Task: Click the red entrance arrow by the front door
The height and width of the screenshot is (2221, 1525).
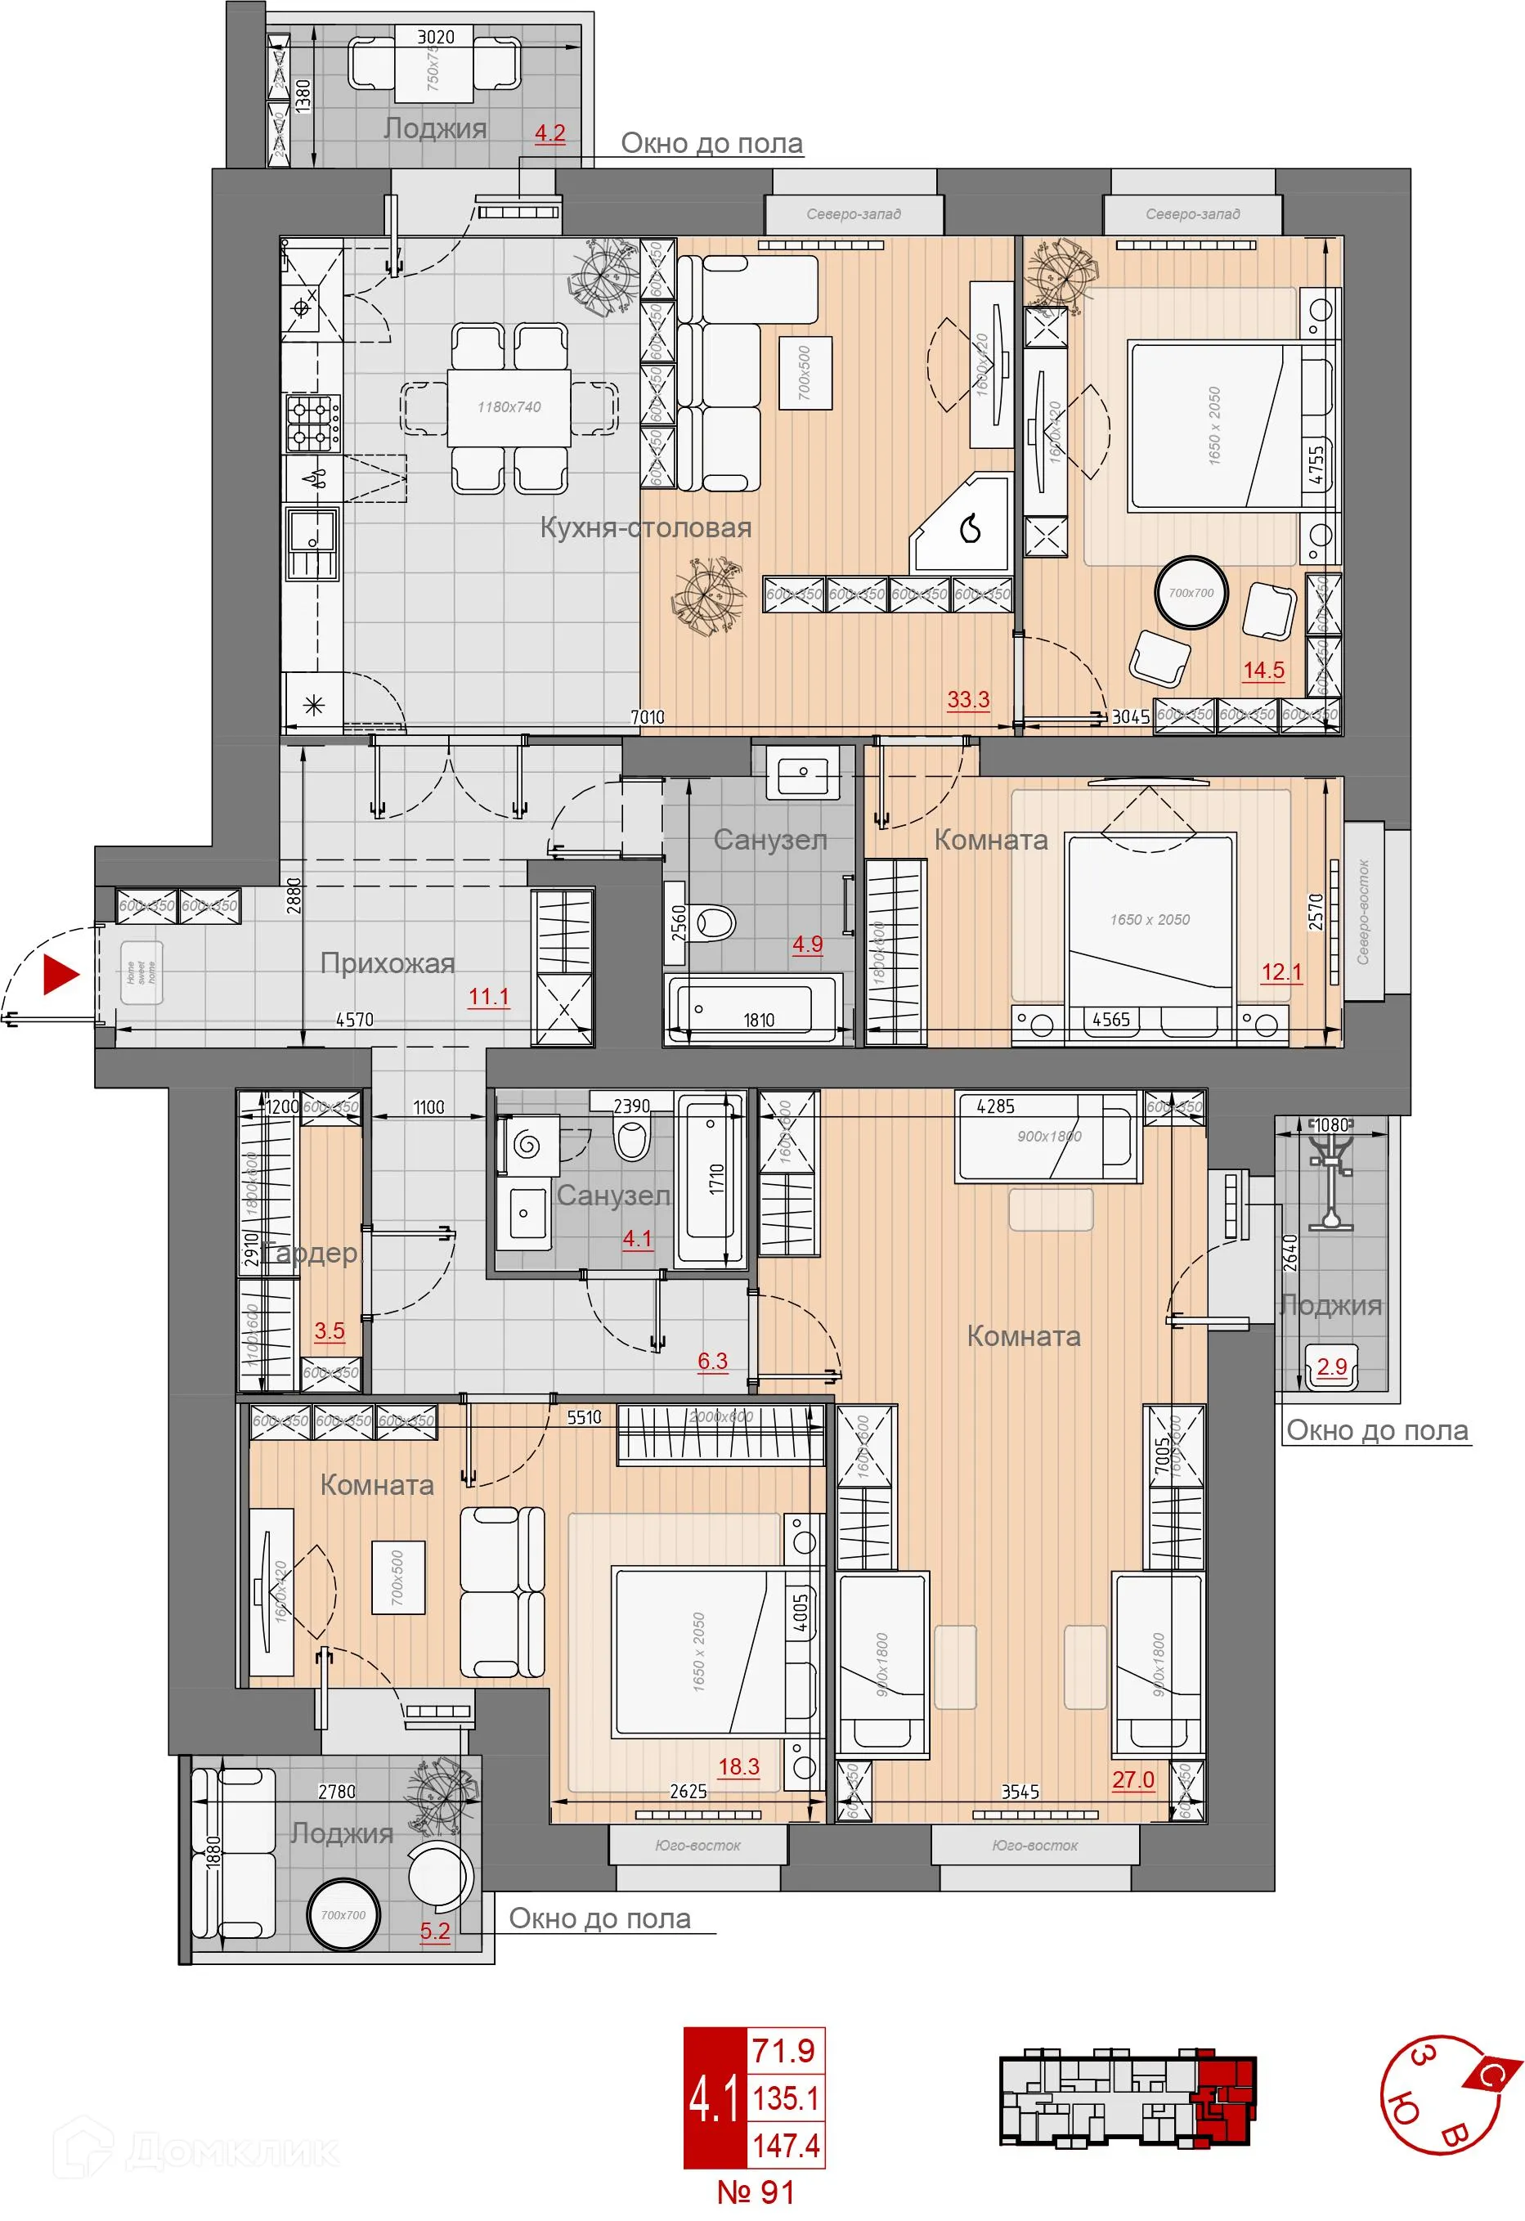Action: (x=62, y=975)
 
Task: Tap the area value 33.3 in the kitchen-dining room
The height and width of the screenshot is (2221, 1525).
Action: (x=968, y=699)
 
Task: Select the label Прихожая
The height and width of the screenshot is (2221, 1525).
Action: (x=387, y=963)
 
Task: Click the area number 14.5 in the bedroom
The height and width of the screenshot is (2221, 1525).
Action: (x=1263, y=671)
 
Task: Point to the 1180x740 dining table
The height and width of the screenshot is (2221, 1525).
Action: (x=509, y=407)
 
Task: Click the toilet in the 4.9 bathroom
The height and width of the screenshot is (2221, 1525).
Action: (x=716, y=923)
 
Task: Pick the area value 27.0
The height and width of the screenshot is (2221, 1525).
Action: (x=1133, y=1779)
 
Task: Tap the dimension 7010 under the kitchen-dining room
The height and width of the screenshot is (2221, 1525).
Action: (x=647, y=717)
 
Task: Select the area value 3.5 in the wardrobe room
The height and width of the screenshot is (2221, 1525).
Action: (x=329, y=1330)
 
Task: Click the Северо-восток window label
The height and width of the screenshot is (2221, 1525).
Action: (x=1364, y=912)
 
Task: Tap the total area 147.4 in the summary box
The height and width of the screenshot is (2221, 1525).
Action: (x=786, y=2146)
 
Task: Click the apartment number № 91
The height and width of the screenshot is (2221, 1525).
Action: (x=755, y=2192)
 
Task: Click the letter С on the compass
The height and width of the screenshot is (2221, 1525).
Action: (x=1487, y=2073)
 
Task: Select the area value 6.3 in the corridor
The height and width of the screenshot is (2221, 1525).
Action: (x=712, y=1361)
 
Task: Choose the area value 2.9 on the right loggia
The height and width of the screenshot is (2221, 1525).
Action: (x=1331, y=1366)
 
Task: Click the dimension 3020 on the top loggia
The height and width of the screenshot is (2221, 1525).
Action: (x=436, y=36)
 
